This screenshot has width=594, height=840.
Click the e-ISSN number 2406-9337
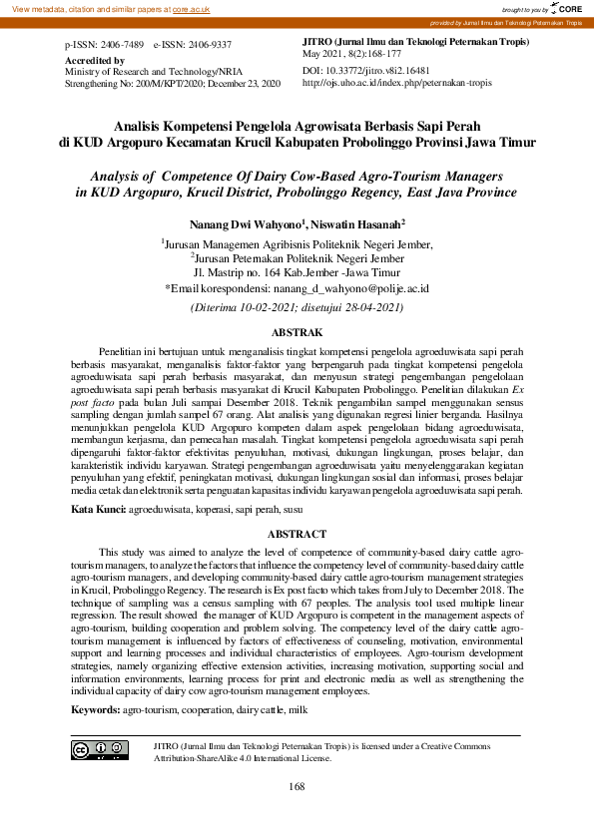[x=209, y=46]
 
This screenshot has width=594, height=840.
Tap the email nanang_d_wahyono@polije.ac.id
[x=352, y=287]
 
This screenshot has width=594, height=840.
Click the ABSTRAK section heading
[x=297, y=331]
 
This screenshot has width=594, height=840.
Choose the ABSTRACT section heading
[x=297, y=535]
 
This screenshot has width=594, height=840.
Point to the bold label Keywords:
[x=95, y=709]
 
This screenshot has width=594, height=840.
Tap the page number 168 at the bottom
[x=297, y=787]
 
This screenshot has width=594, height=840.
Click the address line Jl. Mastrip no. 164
[x=296, y=271]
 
